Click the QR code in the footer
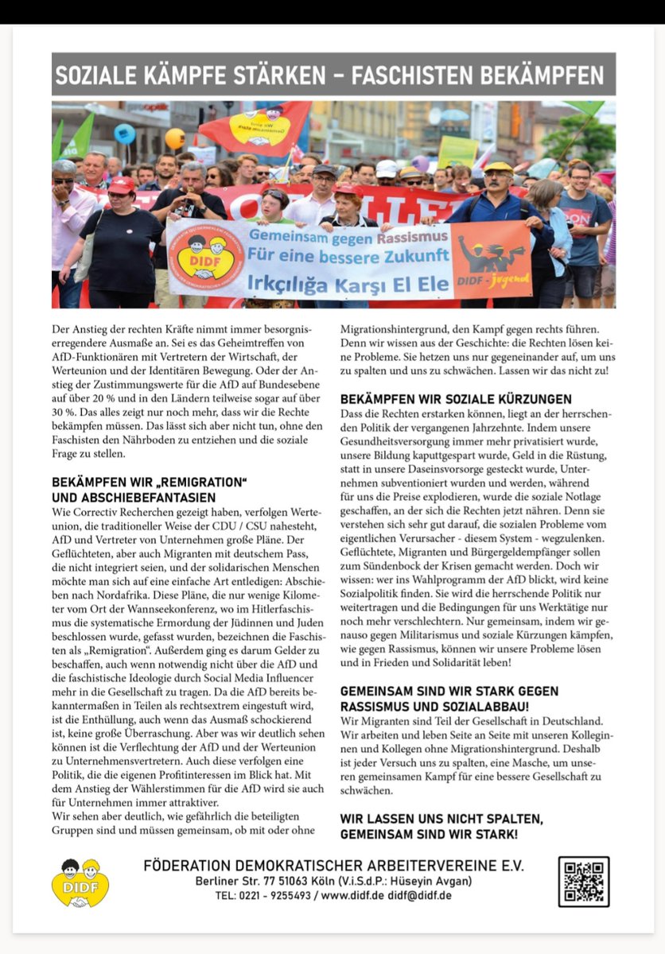coord(583,882)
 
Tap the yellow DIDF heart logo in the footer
coord(80,882)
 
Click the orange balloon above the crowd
coord(174,138)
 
